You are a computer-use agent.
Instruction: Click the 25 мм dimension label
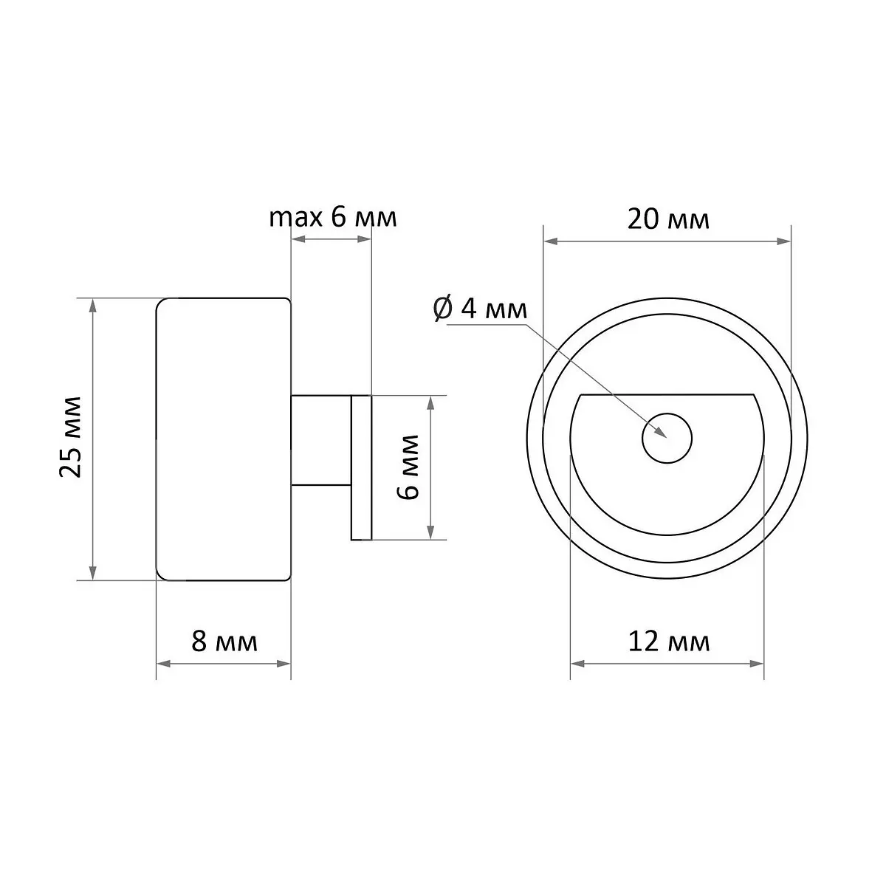click(x=71, y=436)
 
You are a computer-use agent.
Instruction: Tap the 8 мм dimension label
click(x=224, y=642)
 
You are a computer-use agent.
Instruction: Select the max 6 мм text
click(x=333, y=218)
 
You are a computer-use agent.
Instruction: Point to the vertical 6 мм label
click(x=408, y=466)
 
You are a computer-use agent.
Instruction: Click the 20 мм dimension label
click(x=668, y=219)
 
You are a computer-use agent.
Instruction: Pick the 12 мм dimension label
click(x=669, y=642)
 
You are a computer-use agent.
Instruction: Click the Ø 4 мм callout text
click(x=480, y=309)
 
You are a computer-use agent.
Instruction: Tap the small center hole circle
click(x=667, y=438)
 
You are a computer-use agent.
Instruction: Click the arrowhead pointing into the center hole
click(x=660, y=432)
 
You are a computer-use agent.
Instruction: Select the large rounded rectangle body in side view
click(x=224, y=439)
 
